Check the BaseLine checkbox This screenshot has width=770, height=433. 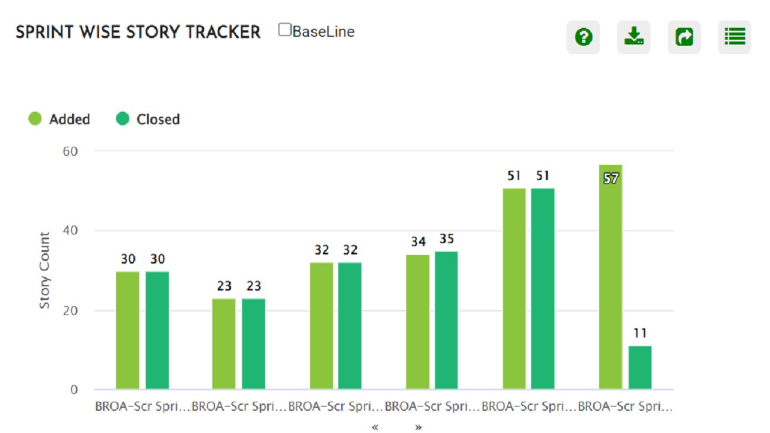point(285,30)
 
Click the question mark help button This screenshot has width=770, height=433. point(583,37)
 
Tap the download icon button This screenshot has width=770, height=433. point(633,37)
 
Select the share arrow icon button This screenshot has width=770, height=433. point(684,37)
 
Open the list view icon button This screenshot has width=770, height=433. point(735,37)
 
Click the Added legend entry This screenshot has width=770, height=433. point(60,119)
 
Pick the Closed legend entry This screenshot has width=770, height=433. point(148,119)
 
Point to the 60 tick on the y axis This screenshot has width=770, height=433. point(70,151)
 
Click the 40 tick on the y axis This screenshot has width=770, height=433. point(70,231)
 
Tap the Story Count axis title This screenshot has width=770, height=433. point(45,271)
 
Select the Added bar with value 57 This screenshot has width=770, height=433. point(611,283)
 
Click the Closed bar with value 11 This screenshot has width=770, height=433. point(640,367)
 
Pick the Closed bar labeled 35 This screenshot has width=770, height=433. point(446,320)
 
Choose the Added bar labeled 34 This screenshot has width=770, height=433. point(417,322)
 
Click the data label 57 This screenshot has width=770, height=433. point(611,179)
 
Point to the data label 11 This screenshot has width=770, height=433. point(640,333)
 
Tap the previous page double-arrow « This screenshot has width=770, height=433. point(375,427)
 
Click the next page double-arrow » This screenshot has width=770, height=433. point(418,427)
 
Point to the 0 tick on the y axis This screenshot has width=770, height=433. point(73,390)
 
